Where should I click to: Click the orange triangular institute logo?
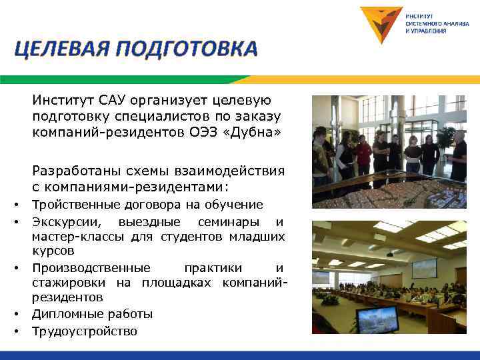381,24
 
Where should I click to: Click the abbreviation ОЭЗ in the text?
203,131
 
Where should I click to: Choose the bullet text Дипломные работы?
93,313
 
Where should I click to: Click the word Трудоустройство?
85,331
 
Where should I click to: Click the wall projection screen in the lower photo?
424,268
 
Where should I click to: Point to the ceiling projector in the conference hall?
389,254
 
